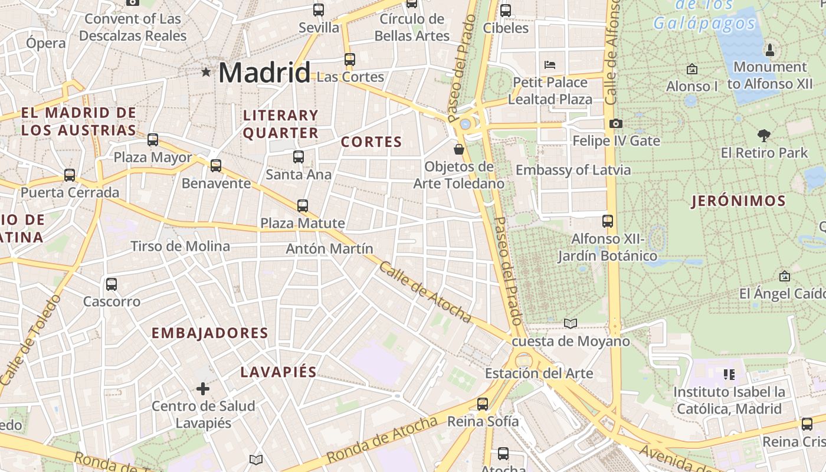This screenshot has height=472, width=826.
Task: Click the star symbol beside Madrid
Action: point(206,72)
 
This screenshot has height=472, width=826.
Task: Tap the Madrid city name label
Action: point(264,73)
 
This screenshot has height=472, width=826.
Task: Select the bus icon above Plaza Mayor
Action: point(153,140)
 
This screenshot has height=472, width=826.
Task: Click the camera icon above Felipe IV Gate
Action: point(615,123)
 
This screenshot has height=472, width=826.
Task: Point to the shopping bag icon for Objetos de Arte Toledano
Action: point(459,149)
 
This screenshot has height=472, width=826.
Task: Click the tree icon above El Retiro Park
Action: point(763,136)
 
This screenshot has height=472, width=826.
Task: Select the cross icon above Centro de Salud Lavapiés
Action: point(203,388)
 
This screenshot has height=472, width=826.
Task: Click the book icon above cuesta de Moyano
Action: point(570,323)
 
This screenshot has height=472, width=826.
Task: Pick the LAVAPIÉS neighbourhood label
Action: point(278,372)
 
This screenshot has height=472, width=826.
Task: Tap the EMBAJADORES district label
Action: point(210,333)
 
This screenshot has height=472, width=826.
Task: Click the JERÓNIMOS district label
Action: point(739,201)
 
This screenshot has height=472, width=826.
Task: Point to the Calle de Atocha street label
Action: point(425,293)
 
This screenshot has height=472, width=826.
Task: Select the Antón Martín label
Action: point(329,248)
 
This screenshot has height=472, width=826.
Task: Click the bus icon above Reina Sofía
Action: point(483,404)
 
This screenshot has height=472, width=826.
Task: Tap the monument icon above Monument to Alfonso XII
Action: point(769,50)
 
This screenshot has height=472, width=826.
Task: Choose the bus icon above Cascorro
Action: point(112,284)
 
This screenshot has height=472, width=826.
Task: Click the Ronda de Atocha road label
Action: point(382,440)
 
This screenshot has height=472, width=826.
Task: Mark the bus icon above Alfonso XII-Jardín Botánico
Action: point(608,221)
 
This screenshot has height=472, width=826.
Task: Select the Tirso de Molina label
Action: point(180,246)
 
